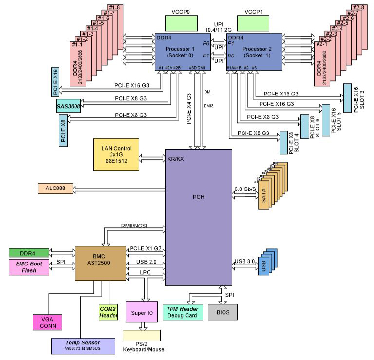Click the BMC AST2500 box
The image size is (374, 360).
100,263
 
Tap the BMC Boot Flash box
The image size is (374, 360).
31,267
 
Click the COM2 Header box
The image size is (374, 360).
106,312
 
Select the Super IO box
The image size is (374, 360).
142,311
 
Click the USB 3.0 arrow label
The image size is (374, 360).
244,261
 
